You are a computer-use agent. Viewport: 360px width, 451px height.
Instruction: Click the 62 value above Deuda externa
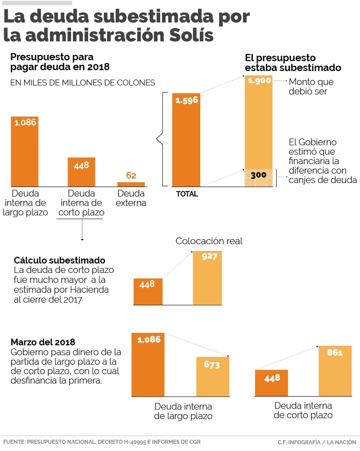point(131,175)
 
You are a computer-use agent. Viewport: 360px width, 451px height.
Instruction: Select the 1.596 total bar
point(186,140)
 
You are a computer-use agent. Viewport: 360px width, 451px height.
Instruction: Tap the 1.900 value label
point(259,81)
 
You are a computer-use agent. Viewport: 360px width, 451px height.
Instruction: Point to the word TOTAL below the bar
point(187,194)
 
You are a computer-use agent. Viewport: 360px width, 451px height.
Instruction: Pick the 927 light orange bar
point(207,278)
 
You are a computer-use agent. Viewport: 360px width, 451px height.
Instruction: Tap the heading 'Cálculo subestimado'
point(59,260)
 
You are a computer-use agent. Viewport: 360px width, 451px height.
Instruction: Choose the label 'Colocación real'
point(209,241)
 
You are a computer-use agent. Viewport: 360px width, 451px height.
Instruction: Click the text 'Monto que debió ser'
point(311,87)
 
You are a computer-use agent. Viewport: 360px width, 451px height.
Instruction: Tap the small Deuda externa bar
point(131,184)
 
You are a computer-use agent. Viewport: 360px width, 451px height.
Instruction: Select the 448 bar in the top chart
point(81,172)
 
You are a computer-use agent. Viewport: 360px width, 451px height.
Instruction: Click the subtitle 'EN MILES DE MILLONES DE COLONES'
point(82,83)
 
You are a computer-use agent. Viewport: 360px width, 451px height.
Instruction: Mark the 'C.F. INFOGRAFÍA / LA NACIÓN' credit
point(317,442)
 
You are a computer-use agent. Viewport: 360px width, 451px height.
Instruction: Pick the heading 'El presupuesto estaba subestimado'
point(292,63)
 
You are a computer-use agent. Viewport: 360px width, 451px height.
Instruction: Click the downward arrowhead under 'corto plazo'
point(82,240)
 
